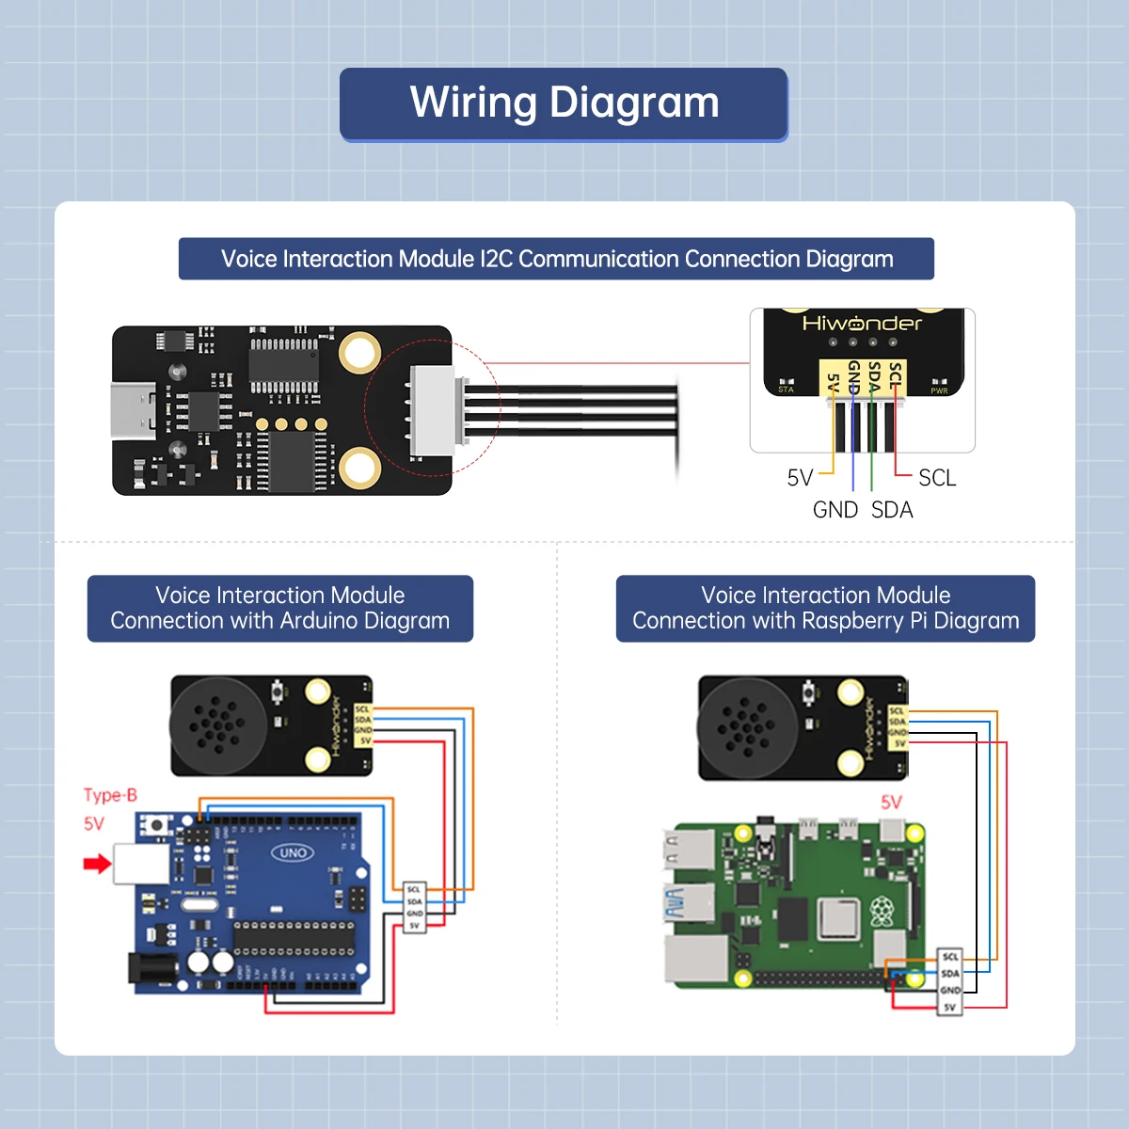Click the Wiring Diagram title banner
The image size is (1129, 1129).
pos(564,103)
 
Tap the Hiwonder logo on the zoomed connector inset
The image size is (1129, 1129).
pos(862,324)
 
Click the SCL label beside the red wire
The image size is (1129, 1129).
pos(936,478)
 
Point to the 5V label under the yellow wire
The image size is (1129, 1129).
pos(800,478)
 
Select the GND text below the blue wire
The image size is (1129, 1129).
pos(835,510)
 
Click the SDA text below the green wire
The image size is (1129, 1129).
pos(892,510)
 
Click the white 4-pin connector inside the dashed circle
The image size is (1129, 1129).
pos(435,410)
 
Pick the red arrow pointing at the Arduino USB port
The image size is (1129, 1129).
pos(97,863)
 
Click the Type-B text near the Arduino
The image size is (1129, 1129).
pos(110,795)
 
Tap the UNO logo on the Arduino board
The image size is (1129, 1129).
pos(293,852)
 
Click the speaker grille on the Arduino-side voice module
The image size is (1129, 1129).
pos(215,725)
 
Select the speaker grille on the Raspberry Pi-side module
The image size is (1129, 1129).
pos(744,726)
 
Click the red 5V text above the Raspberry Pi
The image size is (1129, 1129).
pos(891,803)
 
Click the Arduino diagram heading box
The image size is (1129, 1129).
pos(279,609)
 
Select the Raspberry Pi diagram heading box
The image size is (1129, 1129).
pos(825,609)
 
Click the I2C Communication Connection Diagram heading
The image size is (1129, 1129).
pos(556,259)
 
